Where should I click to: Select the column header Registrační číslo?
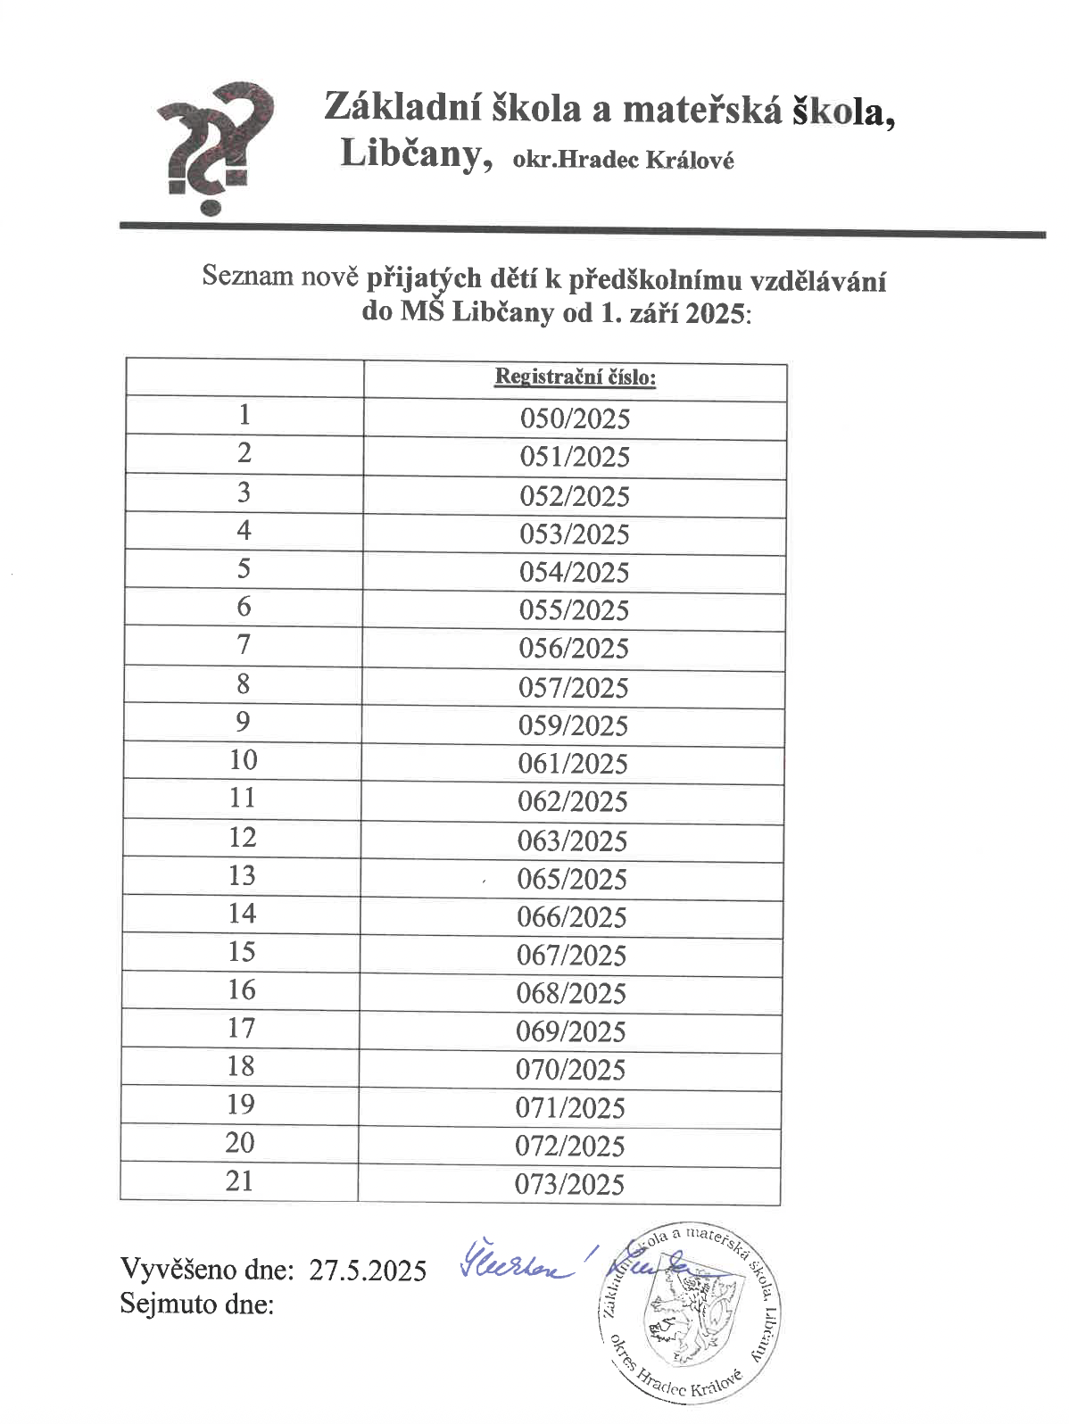point(576,377)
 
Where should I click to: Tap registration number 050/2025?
point(576,418)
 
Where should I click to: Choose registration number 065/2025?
point(573,879)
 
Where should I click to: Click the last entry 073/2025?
point(570,1184)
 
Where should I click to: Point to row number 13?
point(242,875)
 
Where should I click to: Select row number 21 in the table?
point(239,1180)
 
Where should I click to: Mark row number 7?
point(243,644)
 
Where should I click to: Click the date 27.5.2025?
point(368,1270)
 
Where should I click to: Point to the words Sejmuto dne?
point(197,1304)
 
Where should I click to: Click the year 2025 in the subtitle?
point(714,315)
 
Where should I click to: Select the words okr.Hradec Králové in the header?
point(624,161)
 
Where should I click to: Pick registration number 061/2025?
point(573,764)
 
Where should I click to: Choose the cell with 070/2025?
point(571,1070)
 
